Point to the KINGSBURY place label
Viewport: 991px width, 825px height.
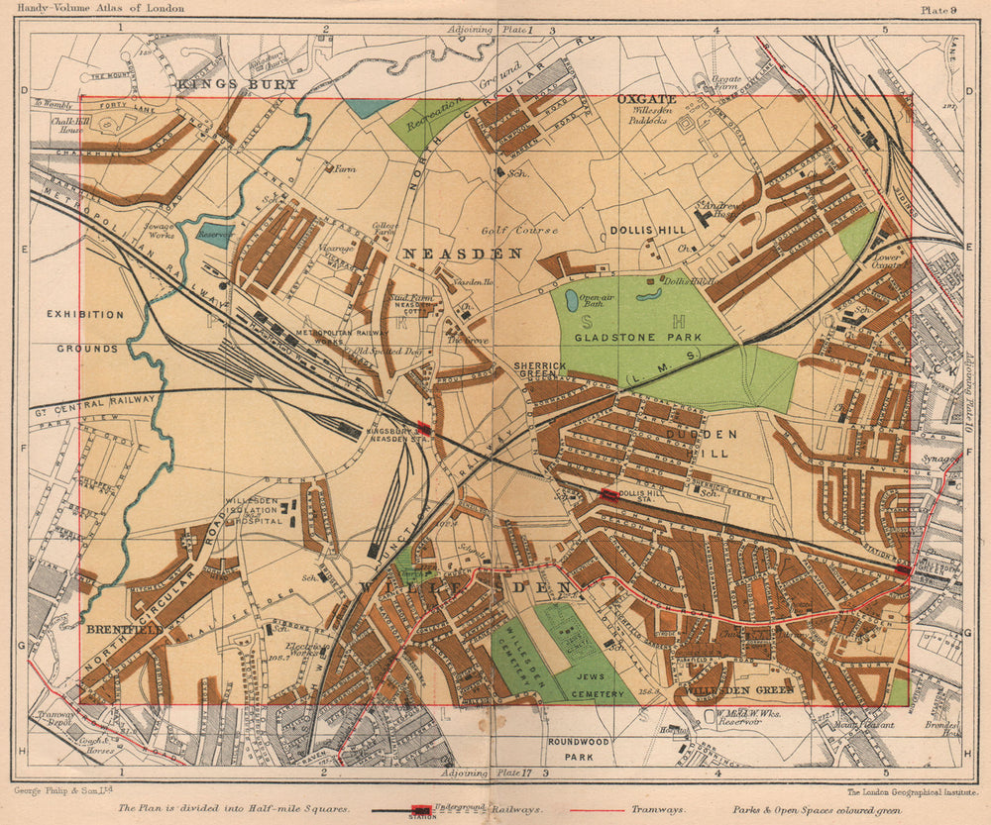[237, 85]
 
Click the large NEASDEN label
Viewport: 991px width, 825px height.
[461, 255]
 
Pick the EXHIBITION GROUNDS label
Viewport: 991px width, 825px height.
[84, 332]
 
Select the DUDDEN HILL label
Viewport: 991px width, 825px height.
[702, 444]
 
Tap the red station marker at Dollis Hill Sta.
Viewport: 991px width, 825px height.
[607, 494]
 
